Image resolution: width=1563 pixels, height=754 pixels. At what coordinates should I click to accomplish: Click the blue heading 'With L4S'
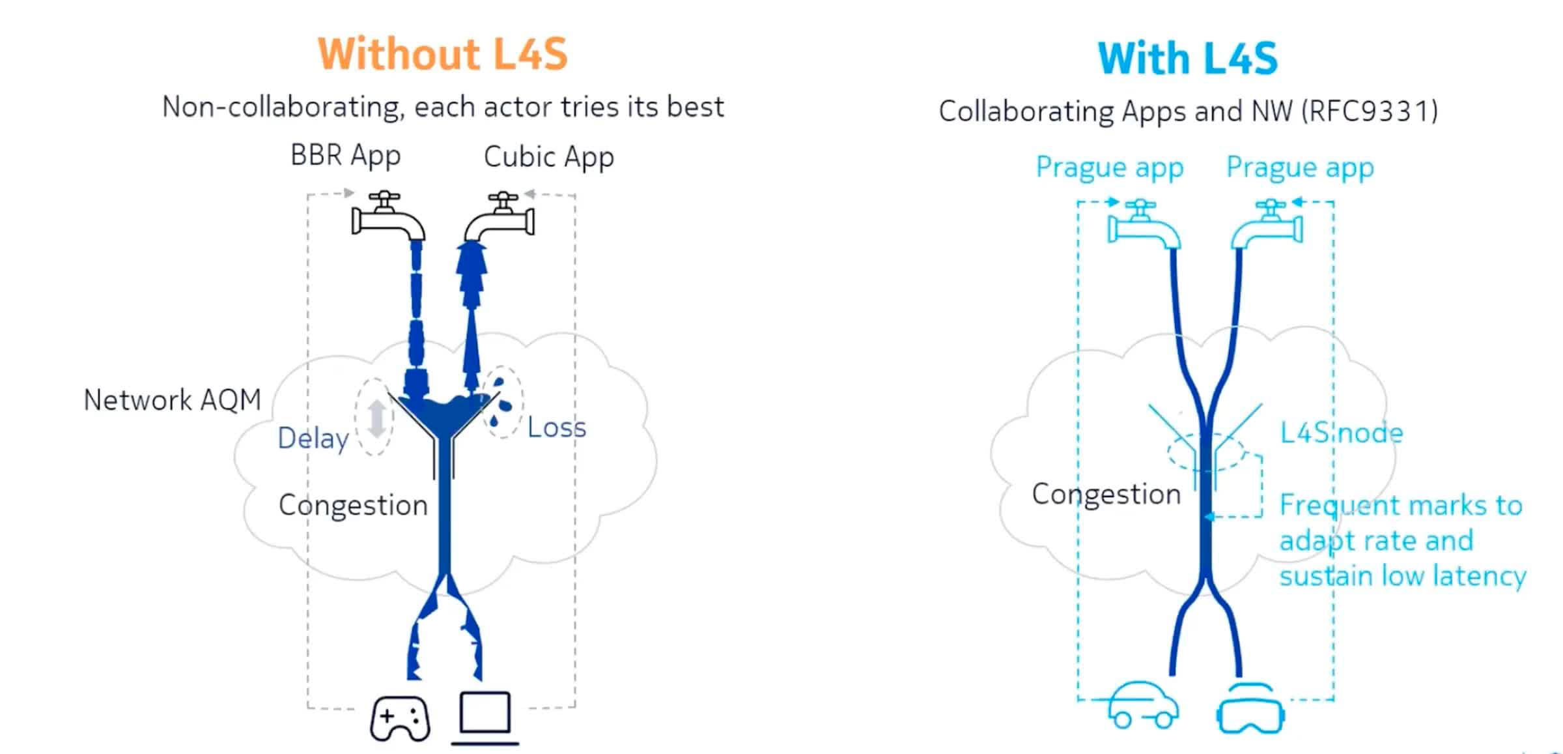1187,59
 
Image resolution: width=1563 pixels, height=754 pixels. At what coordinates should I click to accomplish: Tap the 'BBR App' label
345,156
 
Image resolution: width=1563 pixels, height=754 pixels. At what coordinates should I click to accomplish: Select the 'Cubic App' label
548,158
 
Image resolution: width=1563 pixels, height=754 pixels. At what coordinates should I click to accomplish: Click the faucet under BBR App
387,216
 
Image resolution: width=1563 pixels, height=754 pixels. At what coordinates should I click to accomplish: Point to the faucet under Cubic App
500,217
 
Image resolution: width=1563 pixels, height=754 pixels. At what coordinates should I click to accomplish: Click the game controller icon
400,718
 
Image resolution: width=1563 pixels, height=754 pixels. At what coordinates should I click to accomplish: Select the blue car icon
1143,706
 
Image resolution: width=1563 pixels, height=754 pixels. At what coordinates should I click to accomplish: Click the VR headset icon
1250,710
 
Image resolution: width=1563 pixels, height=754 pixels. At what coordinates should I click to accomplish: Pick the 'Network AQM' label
173,400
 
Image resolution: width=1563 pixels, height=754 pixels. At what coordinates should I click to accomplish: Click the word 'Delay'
313,439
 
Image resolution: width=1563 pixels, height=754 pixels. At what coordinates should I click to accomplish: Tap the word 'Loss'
556,428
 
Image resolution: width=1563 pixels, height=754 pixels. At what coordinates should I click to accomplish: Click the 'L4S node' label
1341,433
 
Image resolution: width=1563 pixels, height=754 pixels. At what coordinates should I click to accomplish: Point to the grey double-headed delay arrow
376,418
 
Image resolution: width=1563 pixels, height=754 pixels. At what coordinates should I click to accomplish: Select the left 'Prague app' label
1109,168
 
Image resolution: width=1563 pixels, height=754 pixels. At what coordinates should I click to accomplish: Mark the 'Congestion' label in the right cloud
1106,494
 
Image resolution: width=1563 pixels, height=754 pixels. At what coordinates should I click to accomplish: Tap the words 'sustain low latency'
1402,577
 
